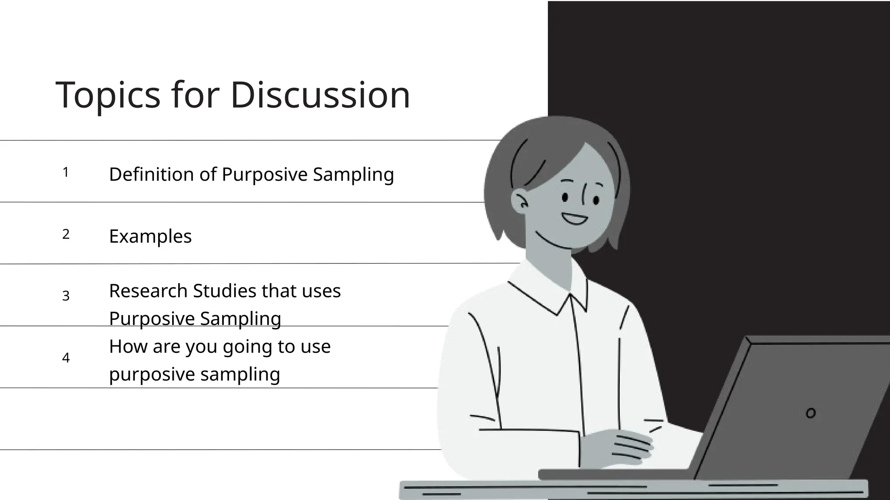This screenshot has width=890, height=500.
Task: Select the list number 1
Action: point(66,172)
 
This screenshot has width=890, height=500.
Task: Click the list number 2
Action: point(66,234)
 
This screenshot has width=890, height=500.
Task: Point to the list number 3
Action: point(66,296)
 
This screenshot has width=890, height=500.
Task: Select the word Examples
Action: point(150,237)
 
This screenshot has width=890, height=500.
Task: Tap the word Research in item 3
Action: point(148,291)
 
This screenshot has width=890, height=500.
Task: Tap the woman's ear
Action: point(520,201)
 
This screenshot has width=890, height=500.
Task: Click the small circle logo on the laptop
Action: point(810,413)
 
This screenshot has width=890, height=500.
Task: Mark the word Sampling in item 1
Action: point(353,174)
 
